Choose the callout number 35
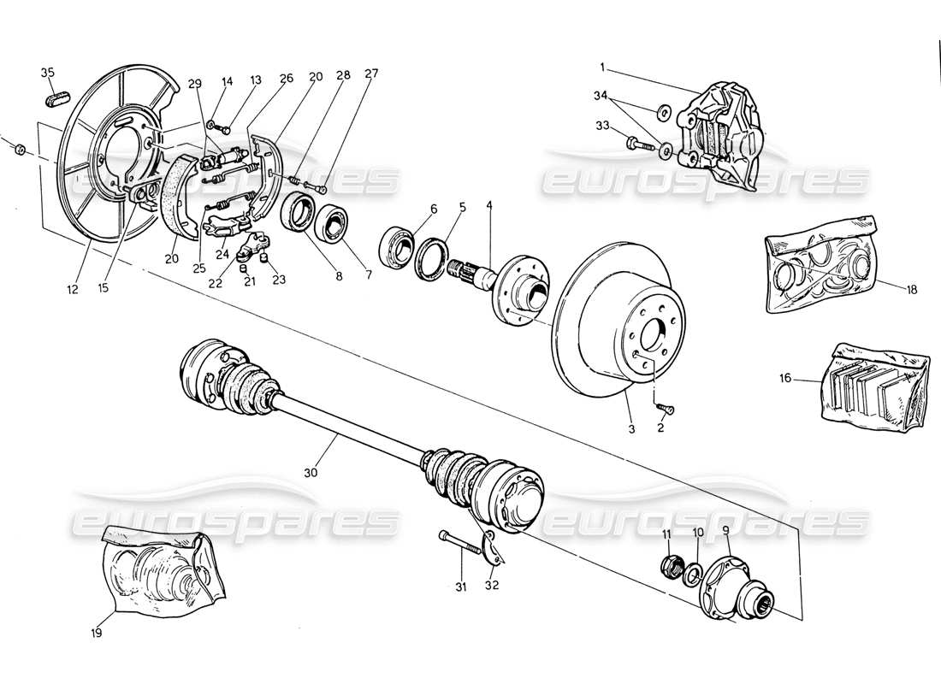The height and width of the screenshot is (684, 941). [47, 72]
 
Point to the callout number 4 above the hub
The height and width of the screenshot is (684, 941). [489, 205]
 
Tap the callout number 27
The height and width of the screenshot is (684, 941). [323, 74]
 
